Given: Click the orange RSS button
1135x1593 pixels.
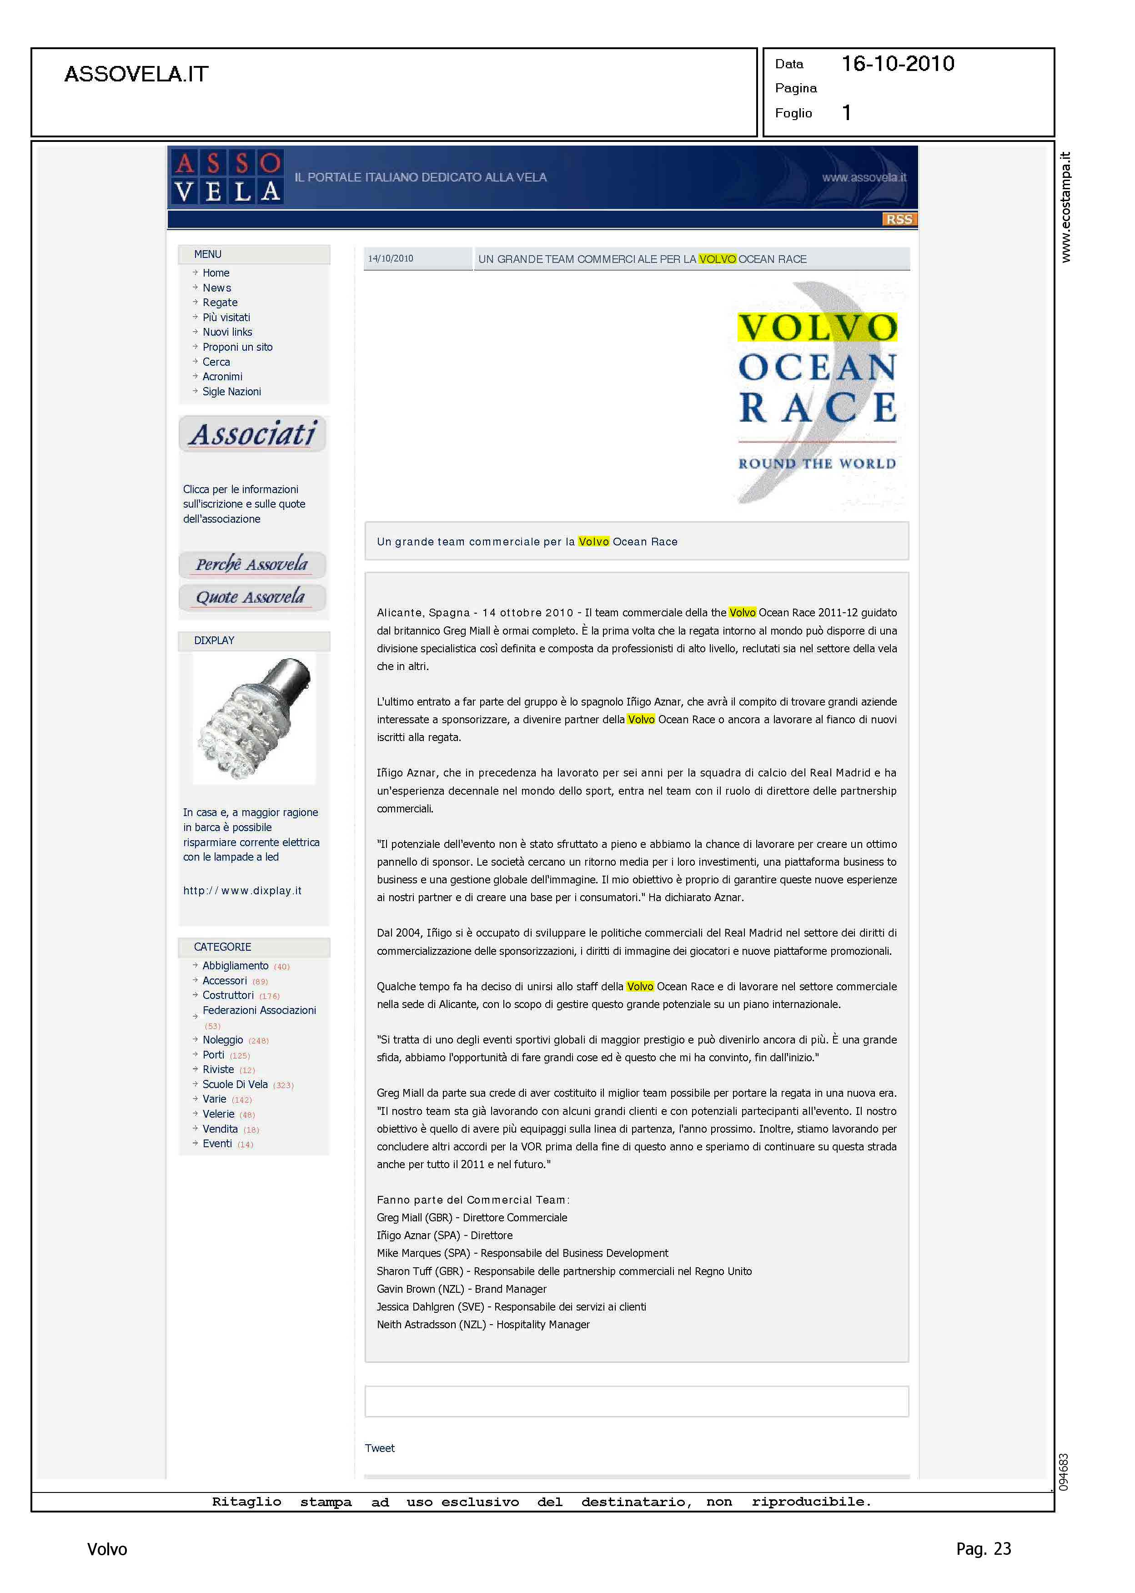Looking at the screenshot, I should tap(899, 220).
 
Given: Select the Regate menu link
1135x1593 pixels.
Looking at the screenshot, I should tap(220, 302).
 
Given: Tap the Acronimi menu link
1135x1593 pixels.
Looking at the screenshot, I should tap(222, 377).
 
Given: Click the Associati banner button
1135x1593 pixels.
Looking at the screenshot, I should tap(253, 434).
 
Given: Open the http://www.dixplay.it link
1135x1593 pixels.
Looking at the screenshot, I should tap(242, 891).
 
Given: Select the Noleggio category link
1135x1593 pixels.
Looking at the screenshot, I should tap(222, 1040).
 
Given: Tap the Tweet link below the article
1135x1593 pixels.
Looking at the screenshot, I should tap(380, 1448).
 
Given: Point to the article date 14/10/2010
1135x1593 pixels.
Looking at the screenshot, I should tap(391, 259).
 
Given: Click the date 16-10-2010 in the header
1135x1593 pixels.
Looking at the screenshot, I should tap(897, 64).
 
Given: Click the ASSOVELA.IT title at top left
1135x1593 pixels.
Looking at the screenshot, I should tap(136, 74).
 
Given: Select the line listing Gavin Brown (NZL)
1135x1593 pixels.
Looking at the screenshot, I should tap(461, 1289).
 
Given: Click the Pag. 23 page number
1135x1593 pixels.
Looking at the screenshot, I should tap(983, 1549).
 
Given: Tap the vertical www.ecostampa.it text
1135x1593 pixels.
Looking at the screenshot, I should tap(1065, 207).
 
